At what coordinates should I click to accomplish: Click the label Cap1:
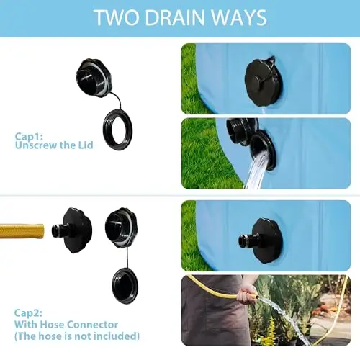[x=29, y=137]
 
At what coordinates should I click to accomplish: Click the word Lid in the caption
[x=86, y=145]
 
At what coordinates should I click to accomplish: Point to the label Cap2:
[x=28, y=313]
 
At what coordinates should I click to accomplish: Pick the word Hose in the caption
[x=52, y=325]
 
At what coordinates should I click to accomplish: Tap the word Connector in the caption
[x=92, y=325]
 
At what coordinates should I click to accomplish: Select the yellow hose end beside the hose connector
[x=22, y=230]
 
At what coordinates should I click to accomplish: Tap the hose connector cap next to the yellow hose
[x=71, y=230]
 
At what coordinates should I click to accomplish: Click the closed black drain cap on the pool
[x=264, y=82]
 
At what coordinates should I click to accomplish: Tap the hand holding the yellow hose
[x=246, y=293]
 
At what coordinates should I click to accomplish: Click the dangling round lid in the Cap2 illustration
[x=125, y=286]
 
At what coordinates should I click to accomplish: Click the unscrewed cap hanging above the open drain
[x=242, y=131]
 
